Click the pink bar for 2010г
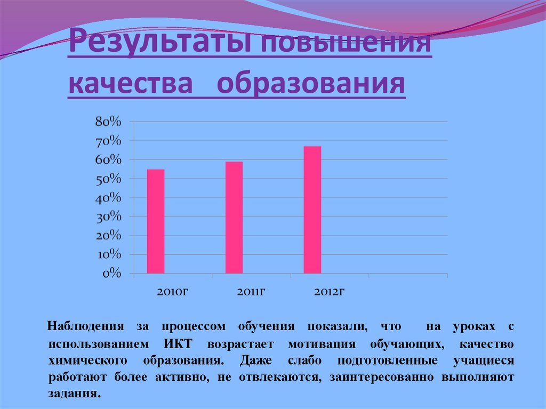(x=156, y=221)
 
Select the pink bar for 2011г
(x=234, y=218)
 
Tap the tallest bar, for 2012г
(x=312, y=210)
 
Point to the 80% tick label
(x=108, y=122)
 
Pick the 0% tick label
(x=111, y=274)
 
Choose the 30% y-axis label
(x=108, y=217)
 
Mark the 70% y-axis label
(x=108, y=141)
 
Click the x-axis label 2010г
(x=173, y=292)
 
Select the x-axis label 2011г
(x=252, y=292)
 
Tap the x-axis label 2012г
(x=330, y=292)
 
